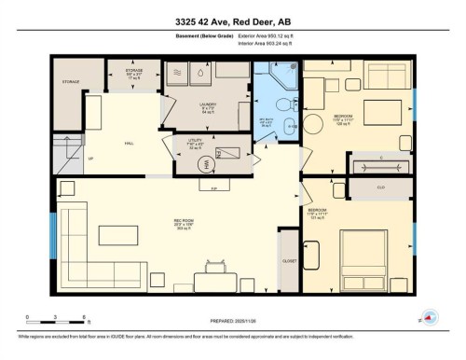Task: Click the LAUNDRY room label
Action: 208,104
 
